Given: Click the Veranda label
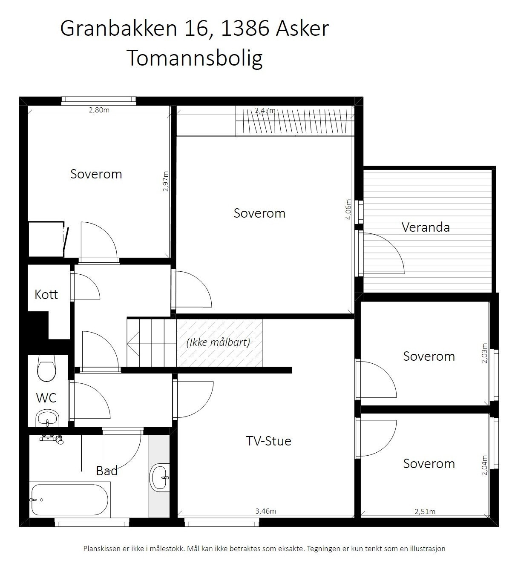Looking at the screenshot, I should click(x=425, y=227).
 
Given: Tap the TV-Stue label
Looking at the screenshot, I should click(x=268, y=441).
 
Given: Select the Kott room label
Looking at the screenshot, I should click(x=46, y=294).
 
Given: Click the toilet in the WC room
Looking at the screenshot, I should click(x=46, y=369).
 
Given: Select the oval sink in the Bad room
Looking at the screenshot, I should click(x=160, y=477).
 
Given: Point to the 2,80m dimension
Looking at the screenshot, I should click(x=99, y=110).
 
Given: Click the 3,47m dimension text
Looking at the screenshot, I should click(x=265, y=111).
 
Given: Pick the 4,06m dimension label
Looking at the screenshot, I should click(x=348, y=209).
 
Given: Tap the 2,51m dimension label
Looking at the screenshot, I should click(x=425, y=511).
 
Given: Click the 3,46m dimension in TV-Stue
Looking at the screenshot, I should click(x=265, y=511).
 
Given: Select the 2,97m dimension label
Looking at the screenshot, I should click(x=166, y=181).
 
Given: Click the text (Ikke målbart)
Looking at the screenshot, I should click(x=218, y=342).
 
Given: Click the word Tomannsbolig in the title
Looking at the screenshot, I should click(x=195, y=58).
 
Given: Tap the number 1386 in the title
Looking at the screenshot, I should click(x=245, y=29).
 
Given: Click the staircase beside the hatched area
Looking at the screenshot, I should click(x=151, y=342).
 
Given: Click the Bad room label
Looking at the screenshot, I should click(x=106, y=471).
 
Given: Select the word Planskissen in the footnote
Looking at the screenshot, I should click(x=102, y=549).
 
